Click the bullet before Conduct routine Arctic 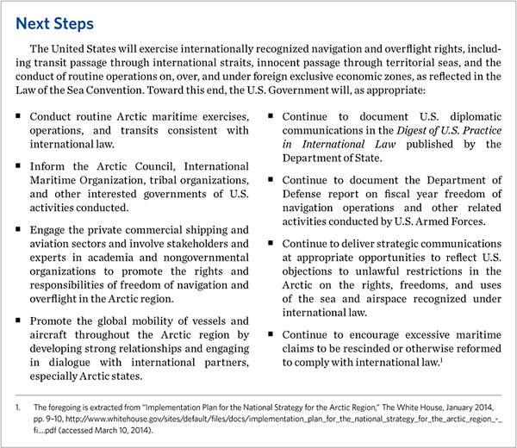tap(20, 115)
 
